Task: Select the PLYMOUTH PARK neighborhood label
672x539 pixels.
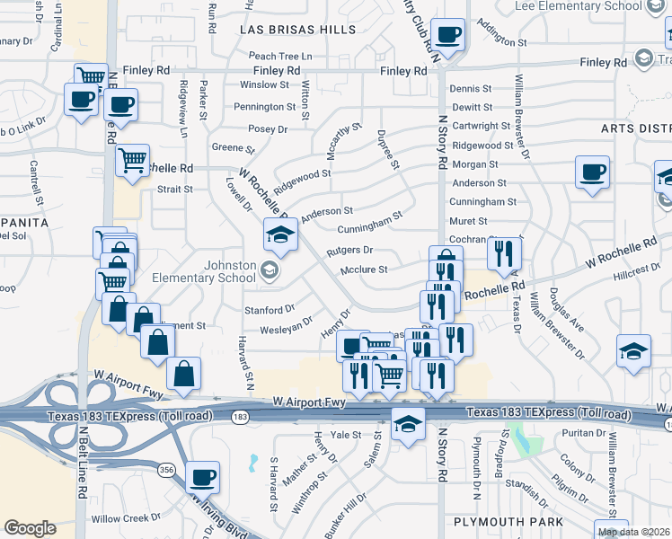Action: pos(508,522)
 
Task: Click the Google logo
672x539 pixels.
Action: pos(30,528)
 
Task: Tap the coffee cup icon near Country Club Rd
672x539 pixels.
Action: pos(447,37)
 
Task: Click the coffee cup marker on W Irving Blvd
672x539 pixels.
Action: pos(203,477)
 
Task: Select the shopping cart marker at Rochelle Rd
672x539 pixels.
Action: pos(133,162)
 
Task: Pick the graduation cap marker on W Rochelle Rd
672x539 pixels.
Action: pos(280,235)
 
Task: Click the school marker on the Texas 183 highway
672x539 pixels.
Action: pos(408,424)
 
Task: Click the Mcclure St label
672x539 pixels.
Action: pos(364,269)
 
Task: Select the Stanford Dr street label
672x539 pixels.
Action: pos(263,310)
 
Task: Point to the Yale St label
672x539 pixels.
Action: pos(346,435)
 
